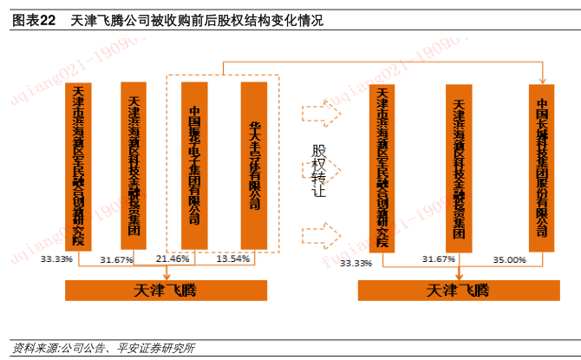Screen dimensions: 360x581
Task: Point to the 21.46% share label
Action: [x=173, y=259]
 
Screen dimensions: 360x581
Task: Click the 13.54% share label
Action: [x=232, y=259]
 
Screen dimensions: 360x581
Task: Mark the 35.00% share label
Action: [x=509, y=259]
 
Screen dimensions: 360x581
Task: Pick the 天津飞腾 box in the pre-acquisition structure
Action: [x=166, y=290]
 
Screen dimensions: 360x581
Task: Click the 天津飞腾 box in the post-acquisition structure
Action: [x=457, y=290]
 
